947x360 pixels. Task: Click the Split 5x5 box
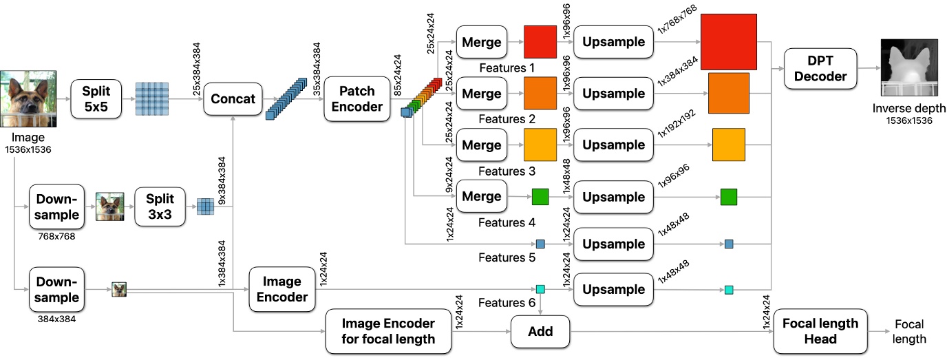pos(96,99)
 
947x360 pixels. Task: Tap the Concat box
pos(233,99)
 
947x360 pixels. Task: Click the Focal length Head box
pos(820,331)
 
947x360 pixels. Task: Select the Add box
pos(540,332)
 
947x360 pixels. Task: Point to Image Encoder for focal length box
pos(388,331)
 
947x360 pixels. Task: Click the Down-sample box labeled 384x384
pos(56,290)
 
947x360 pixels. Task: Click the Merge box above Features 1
pos(482,42)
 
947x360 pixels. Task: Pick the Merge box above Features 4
pos(482,197)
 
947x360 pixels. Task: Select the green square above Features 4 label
pos(541,198)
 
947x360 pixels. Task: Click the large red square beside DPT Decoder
pos(729,41)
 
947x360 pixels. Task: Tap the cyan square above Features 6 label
pos(541,290)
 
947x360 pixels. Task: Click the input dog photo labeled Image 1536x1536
pos(28,99)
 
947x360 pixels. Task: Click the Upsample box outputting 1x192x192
pos(613,145)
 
